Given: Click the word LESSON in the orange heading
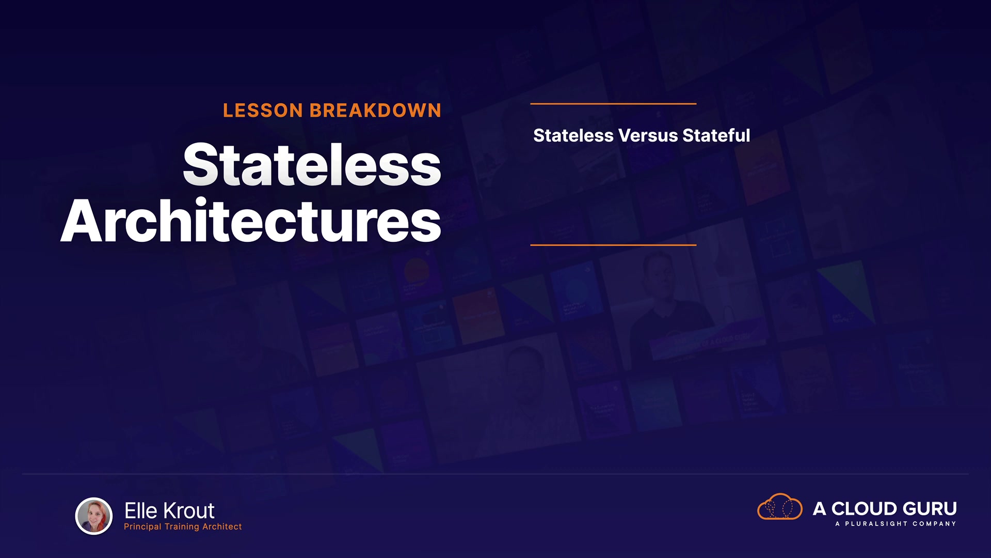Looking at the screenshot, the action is point(263,111).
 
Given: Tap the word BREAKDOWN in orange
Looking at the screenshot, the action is point(375,111).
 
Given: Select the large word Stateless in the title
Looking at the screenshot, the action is point(312,164).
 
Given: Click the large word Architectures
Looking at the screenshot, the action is point(251,221).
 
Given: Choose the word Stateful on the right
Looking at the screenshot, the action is point(716,135).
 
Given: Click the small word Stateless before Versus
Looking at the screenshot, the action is point(573,135).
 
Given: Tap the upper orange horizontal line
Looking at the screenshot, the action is point(613,104).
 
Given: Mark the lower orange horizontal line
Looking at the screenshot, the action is point(613,245).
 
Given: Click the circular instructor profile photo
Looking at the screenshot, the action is point(94,516).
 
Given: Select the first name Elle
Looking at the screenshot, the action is point(141,511).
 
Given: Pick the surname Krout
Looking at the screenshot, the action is point(188,511).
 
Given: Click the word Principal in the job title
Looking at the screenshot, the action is point(142,526).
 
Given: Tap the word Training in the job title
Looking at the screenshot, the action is point(182,526).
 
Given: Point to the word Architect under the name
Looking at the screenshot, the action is point(222,526).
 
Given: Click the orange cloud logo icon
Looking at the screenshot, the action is point(780,506).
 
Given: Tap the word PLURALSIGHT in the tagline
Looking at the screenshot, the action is point(876,524).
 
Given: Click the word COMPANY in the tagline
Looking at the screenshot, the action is point(934,524).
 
